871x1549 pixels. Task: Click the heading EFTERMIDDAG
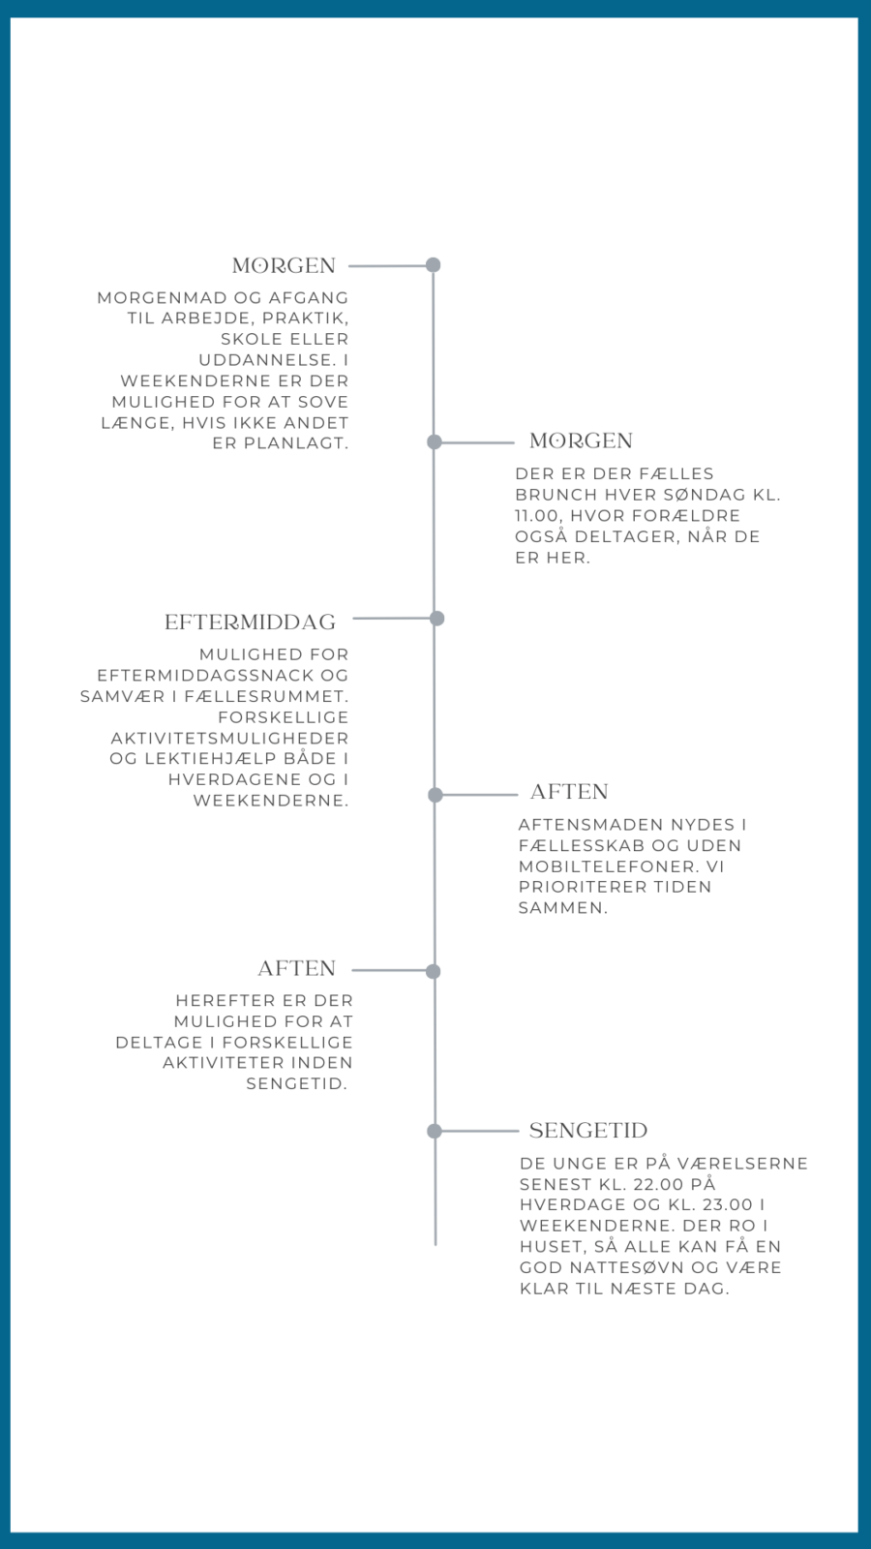click(251, 623)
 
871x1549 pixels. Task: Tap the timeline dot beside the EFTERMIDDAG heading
click(436, 619)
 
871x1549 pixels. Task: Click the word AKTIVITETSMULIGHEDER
click(229, 738)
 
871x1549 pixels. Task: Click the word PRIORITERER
click(580, 887)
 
